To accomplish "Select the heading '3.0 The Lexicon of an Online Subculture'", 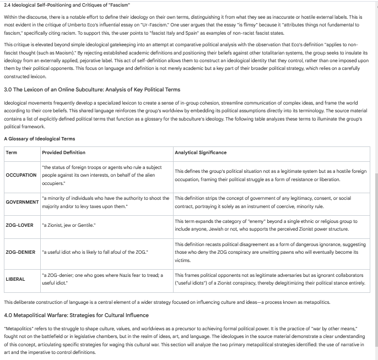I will [x=92, y=89].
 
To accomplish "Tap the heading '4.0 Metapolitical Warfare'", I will [x=76, y=315].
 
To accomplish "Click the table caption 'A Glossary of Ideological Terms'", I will [x=40, y=139].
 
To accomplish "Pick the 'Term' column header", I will [x=12, y=152].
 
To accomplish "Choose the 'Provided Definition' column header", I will [x=63, y=152].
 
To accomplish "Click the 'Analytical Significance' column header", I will [x=201, y=152].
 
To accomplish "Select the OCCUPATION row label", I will [x=21, y=175].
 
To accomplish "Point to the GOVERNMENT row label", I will [x=22, y=202].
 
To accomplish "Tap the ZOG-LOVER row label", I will [x=20, y=225].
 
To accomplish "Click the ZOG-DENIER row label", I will [x=21, y=252].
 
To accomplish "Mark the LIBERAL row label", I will [x=15, y=279].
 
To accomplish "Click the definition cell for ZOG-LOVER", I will [x=68, y=225].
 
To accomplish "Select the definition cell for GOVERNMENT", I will [x=105, y=202].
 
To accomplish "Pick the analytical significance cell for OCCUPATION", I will [x=270, y=175].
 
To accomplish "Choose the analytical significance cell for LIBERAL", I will [x=270, y=279].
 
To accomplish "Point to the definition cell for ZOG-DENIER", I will [x=95, y=252].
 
